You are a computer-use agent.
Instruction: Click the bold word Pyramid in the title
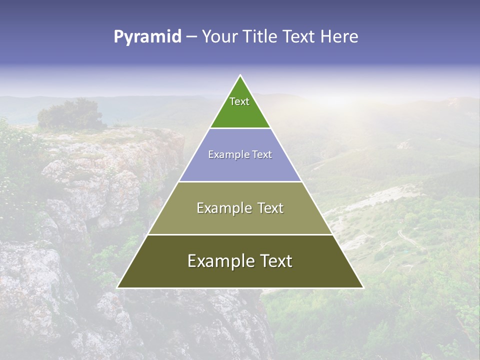tap(147, 36)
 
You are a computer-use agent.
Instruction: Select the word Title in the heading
tap(260, 36)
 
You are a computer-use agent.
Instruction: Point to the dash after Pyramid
tap(191, 37)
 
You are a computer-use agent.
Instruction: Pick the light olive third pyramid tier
tap(240, 220)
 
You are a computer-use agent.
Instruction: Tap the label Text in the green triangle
tap(239, 101)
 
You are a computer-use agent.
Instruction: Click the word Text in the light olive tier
tap(268, 208)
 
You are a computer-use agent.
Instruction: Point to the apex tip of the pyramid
tap(240, 76)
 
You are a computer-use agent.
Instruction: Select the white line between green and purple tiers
tap(240, 128)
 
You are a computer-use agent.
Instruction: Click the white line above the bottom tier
tap(240, 234)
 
